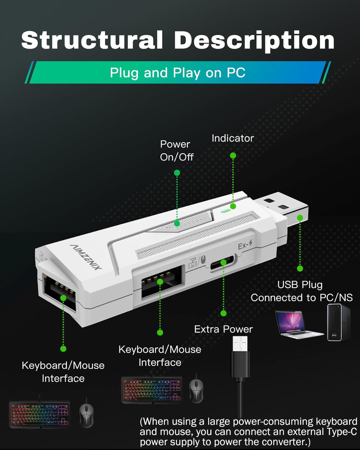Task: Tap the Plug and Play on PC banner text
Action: coord(178,73)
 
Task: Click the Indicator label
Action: coord(232,138)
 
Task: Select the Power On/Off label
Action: coord(176,151)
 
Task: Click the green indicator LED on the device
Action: coord(225,210)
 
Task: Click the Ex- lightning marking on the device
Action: coord(245,245)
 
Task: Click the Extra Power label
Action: coord(223,329)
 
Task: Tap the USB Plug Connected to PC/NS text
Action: coord(301,291)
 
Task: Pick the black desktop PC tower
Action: coord(338,322)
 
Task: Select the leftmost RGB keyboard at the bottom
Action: coord(39,414)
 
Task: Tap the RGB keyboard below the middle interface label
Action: coord(151,390)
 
